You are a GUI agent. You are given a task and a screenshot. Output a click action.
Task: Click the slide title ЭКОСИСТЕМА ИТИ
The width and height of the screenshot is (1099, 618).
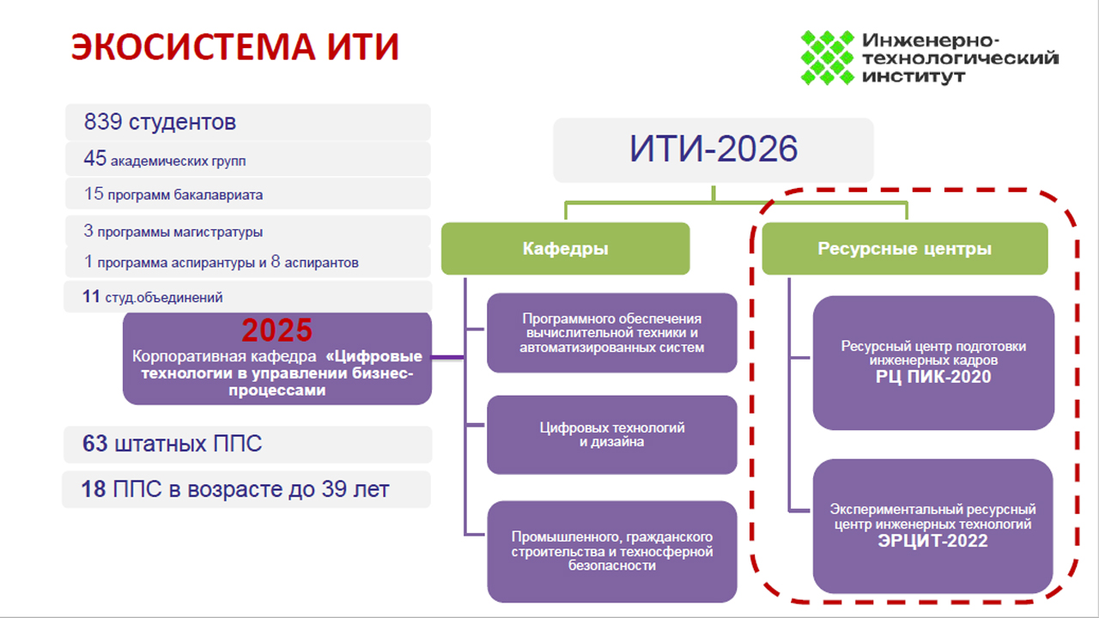(x=235, y=46)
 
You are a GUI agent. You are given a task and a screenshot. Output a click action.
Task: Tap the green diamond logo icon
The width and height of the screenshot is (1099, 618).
(x=828, y=58)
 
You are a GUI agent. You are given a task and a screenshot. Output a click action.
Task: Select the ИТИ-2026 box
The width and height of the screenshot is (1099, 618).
(x=713, y=150)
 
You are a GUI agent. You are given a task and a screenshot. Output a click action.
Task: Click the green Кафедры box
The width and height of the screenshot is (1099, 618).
(x=565, y=249)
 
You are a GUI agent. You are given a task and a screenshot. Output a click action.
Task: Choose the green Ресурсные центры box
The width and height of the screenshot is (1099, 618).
(x=905, y=249)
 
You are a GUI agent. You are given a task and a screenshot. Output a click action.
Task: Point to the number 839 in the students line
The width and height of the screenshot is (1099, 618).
(x=103, y=122)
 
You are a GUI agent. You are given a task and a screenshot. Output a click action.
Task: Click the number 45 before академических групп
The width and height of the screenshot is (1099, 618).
(x=94, y=159)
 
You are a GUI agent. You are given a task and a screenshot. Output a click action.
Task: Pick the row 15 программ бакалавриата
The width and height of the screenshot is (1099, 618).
(x=248, y=194)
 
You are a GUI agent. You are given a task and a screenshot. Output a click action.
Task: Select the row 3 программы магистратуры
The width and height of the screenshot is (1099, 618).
(x=248, y=231)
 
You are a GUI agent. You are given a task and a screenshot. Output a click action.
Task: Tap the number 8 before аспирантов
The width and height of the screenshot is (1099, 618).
(x=276, y=262)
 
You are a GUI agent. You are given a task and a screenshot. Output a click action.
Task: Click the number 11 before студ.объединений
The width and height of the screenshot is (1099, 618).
(x=91, y=297)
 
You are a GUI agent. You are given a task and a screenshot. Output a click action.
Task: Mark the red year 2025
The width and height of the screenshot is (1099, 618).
(x=276, y=330)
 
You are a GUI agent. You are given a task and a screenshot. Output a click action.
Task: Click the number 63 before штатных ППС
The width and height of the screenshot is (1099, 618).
(x=94, y=444)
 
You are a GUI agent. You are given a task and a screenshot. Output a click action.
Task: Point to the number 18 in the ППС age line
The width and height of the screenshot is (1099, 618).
(x=94, y=489)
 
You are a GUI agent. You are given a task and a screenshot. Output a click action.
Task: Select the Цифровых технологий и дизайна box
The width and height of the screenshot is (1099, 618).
(x=612, y=435)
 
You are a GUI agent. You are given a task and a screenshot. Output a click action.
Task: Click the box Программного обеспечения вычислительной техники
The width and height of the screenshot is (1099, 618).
(x=612, y=333)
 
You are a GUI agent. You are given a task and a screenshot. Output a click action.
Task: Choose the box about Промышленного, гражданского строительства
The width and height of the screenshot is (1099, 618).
(x=612, y=551)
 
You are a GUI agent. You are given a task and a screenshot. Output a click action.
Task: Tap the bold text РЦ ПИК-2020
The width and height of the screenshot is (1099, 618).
(x=933, y=377)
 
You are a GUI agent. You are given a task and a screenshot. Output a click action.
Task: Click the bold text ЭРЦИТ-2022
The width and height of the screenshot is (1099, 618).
(x=932, y=541)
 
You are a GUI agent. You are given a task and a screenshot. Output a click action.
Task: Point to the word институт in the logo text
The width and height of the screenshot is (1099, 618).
(x=914, y=77)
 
